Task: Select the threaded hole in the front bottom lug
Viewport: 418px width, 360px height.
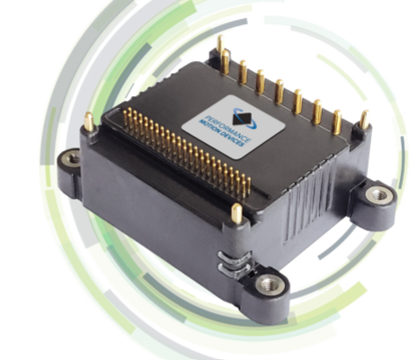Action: tap(266, 285)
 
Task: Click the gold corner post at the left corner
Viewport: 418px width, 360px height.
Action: tap(88, 121)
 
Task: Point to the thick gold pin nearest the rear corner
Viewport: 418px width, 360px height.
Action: tap(226, 63)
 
